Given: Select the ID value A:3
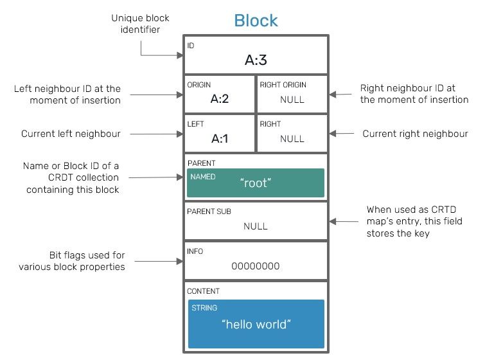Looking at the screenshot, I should point(256,60).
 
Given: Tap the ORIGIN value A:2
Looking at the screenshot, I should point(220,99).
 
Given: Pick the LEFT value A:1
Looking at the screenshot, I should point(220,138).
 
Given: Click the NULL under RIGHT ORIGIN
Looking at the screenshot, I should point(292,100).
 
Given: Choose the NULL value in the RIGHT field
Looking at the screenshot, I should point(292,139).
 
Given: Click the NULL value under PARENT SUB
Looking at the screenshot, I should point(256,226).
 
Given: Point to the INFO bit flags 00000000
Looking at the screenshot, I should point(256,266).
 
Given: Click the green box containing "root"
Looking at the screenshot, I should point(256,183).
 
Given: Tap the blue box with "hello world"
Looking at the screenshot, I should point(256,324).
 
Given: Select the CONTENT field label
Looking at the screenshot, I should point(203,291).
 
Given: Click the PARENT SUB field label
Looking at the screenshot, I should point(209,212).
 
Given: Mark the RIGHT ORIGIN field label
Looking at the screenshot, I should point(283,85).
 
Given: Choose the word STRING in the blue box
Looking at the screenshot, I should point(204,308).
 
